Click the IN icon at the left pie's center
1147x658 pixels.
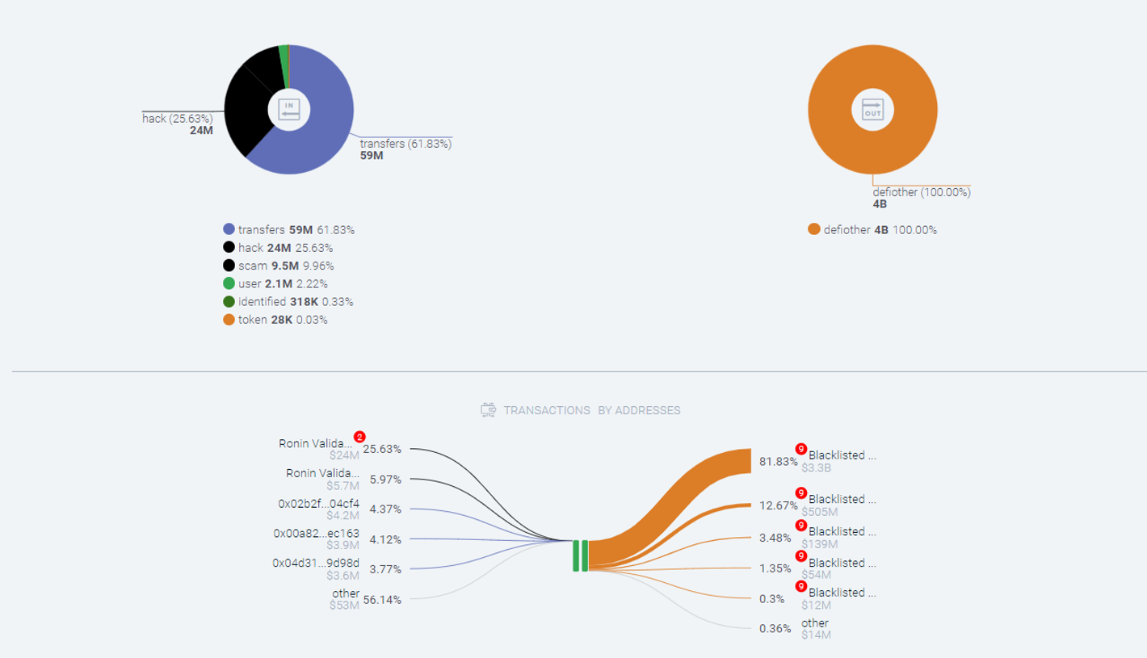[x=288, y=109]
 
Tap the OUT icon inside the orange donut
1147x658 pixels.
[x=872, y=109]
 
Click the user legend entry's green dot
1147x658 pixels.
[x=229, y=283]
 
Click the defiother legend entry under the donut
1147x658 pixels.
[x=872, y=229]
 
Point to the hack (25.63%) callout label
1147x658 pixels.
[x=178, y=119]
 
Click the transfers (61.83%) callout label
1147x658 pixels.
[x=405, y=144]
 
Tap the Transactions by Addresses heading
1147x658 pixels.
[x=581, y=410]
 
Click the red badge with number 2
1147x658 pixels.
[x=359, y=437]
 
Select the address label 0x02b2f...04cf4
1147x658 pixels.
[x=319, y=504]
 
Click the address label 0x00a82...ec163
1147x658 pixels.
[x=317, y=533]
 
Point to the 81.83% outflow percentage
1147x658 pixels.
[x=776, y=461]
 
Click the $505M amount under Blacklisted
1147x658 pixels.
[x=820, y=511]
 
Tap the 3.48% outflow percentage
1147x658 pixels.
[x=775, y=538]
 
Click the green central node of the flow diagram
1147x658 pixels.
[x=580, y=555]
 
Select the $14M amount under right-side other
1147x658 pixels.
[x=816, y=635]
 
